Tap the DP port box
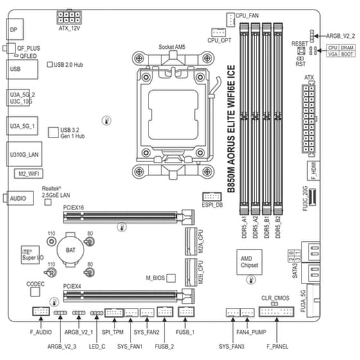tap(15, 29)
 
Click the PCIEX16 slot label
tap(74, 208)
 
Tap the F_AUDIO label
tap(40, 332)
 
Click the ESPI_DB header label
tap(212, 205)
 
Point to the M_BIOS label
tap(156, 278)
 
